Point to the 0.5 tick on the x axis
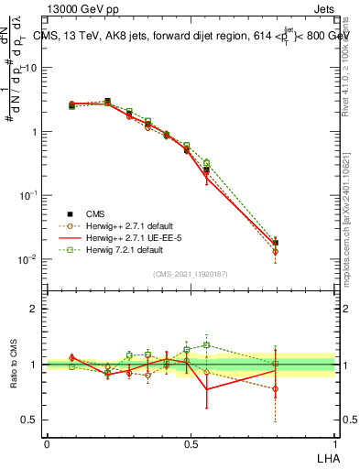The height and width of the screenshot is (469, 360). click(x=191, y=442)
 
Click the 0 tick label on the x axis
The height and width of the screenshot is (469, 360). click(x=47, y=442)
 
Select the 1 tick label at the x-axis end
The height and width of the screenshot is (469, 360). click(x=334, y=442)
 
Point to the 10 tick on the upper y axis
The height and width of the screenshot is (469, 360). click(x=29, y=68)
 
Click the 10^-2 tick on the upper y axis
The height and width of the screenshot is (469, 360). click(x=27, y=259)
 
